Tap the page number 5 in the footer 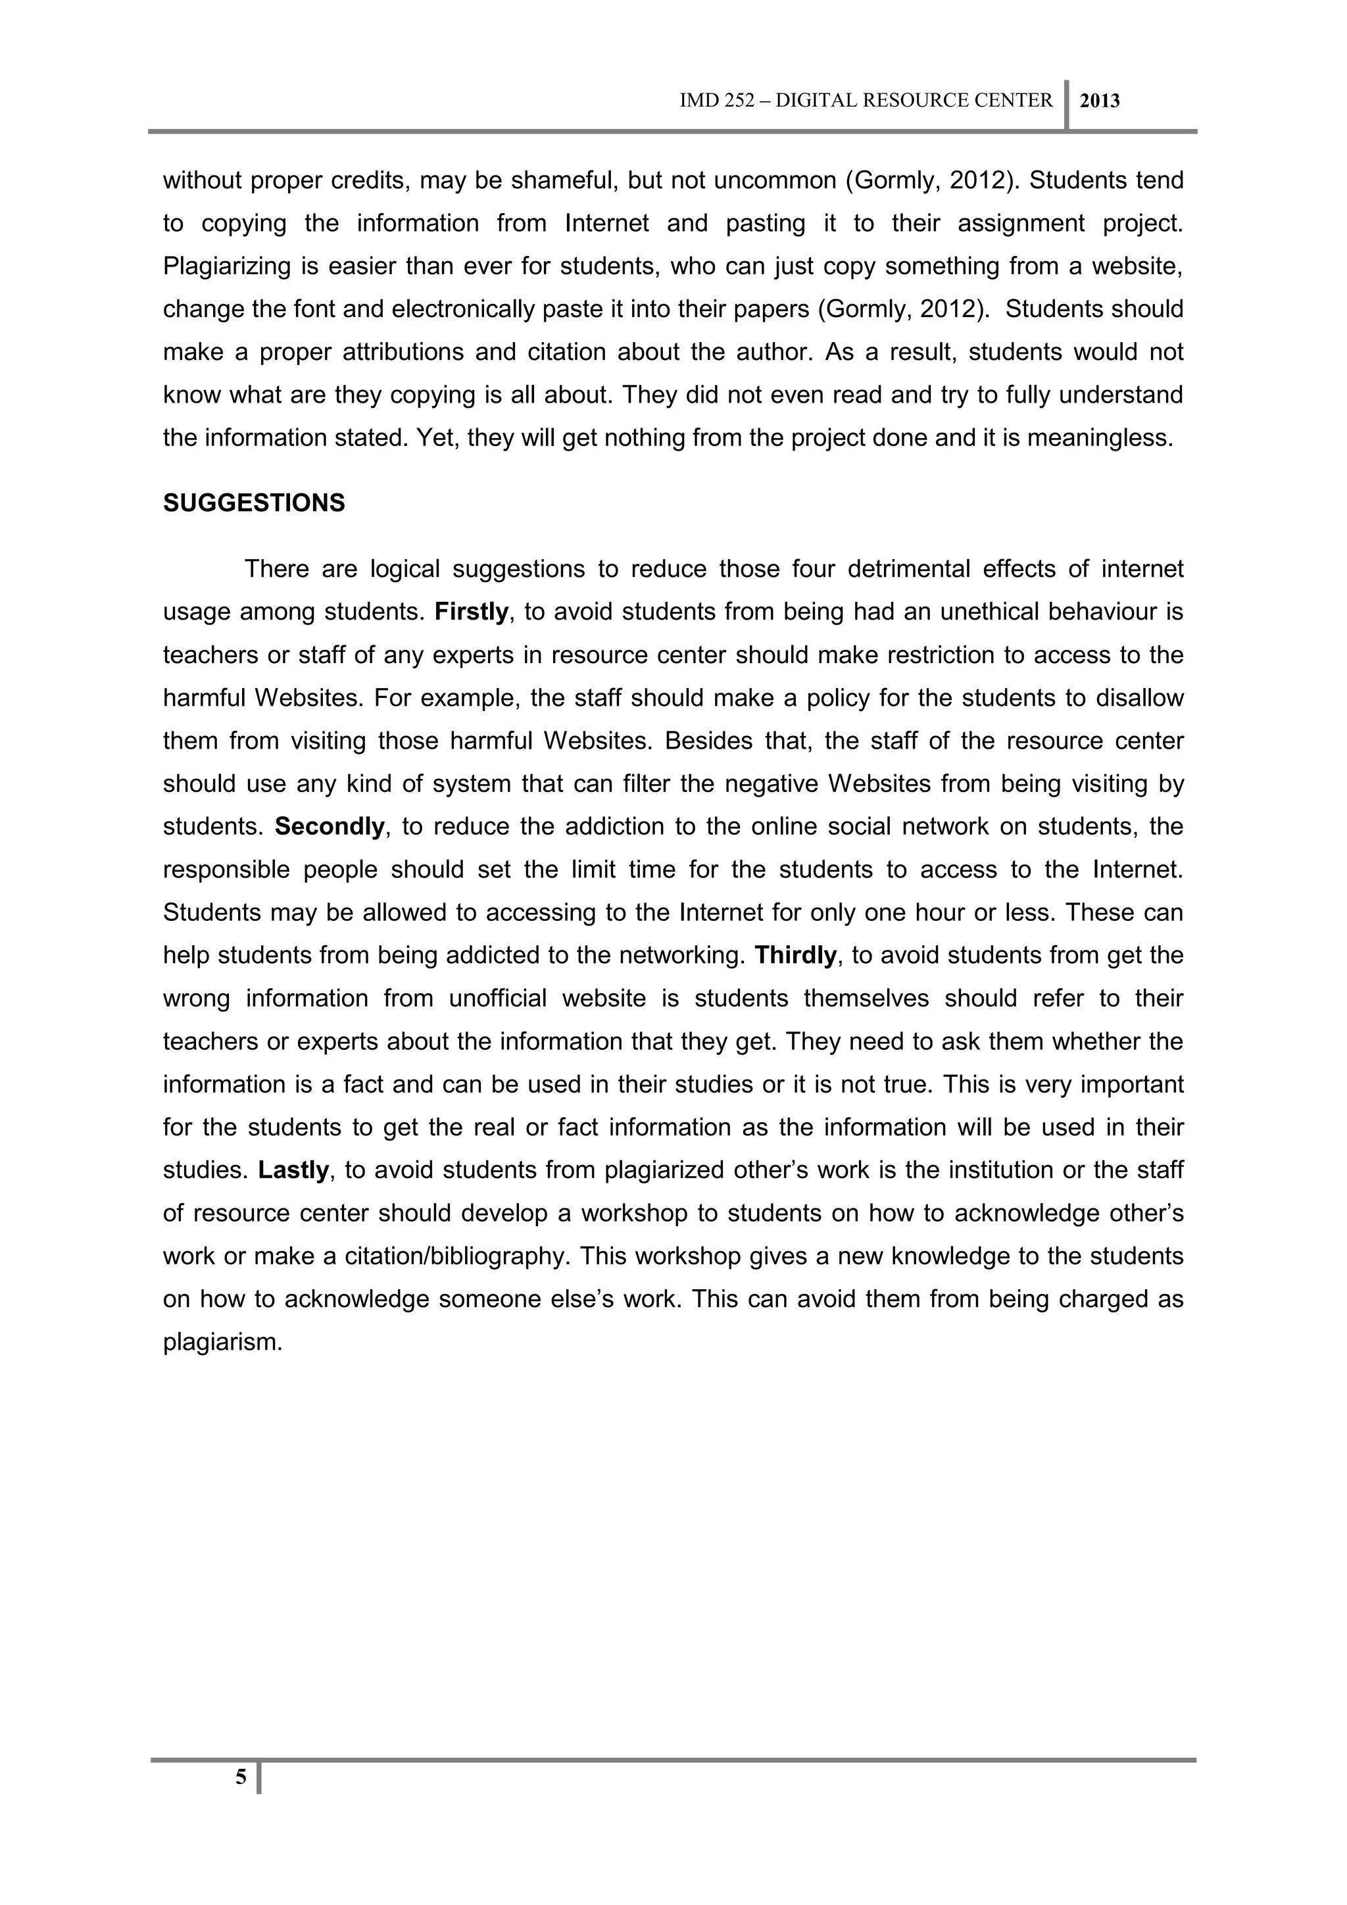(241, 1776)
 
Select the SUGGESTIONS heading (254, 504)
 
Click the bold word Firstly (471, 612)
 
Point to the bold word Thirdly (795, 956)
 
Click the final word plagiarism (222, 1343)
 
